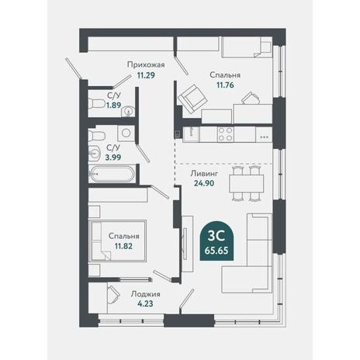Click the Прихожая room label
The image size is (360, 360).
click(146, 64)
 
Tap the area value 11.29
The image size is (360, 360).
click(146, 75)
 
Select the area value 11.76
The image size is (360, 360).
click(225, 85)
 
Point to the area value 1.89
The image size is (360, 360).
click(113, 106)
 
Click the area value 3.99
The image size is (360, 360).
click(113, 157)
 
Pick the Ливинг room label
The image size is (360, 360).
click(204, 173)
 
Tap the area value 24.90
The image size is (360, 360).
click(204, 183)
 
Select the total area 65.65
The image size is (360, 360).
click(216, 251)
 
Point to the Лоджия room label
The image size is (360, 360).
click(145, 294)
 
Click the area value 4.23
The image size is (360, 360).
click(145, 303)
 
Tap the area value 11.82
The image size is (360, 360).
click(123, 246)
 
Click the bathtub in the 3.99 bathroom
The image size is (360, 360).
click(112, 174)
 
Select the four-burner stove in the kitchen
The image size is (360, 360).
click(226, 134)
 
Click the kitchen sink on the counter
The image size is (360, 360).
click(191, 134)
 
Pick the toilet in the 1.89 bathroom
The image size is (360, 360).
click(96, 104)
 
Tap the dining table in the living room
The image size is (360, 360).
click(246, 183)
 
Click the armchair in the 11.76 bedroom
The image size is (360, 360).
click(192, 99)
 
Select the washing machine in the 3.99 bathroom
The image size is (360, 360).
click(126, 133)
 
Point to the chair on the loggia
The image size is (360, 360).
click(113, 295)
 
